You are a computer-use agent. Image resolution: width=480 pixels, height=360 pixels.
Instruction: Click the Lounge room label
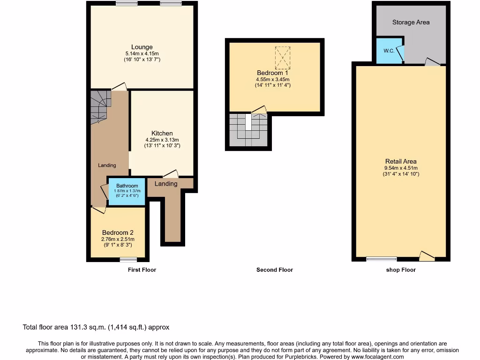[142, 47]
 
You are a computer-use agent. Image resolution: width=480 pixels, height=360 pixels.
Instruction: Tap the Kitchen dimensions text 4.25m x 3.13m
[162, 140]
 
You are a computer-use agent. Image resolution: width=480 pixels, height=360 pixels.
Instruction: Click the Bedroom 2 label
[118, 232]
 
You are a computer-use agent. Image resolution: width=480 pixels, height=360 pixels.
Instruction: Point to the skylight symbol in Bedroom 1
[283, 58]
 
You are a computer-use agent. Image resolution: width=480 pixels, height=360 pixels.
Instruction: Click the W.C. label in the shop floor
[389, 51]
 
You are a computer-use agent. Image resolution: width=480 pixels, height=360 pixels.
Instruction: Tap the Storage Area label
[411, 22]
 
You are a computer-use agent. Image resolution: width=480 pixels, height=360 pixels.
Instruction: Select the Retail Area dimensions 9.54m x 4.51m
[401, 168]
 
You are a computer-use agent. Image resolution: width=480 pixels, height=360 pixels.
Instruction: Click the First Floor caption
[142, 270]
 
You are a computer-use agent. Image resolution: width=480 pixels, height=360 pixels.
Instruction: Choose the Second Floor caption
[275, 270]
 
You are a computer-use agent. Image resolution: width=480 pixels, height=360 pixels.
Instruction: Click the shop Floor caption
[401, 270]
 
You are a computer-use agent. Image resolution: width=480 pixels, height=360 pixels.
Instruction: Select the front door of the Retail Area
[427, 256]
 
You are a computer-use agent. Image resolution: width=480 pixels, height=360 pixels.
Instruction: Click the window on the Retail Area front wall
[381, 259]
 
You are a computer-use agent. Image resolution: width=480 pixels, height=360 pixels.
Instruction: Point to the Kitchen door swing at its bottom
[171, 173]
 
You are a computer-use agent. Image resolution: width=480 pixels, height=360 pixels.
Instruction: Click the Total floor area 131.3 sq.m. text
[96, 327]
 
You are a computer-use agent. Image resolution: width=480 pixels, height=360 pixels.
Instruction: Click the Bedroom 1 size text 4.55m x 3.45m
[272, 79]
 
